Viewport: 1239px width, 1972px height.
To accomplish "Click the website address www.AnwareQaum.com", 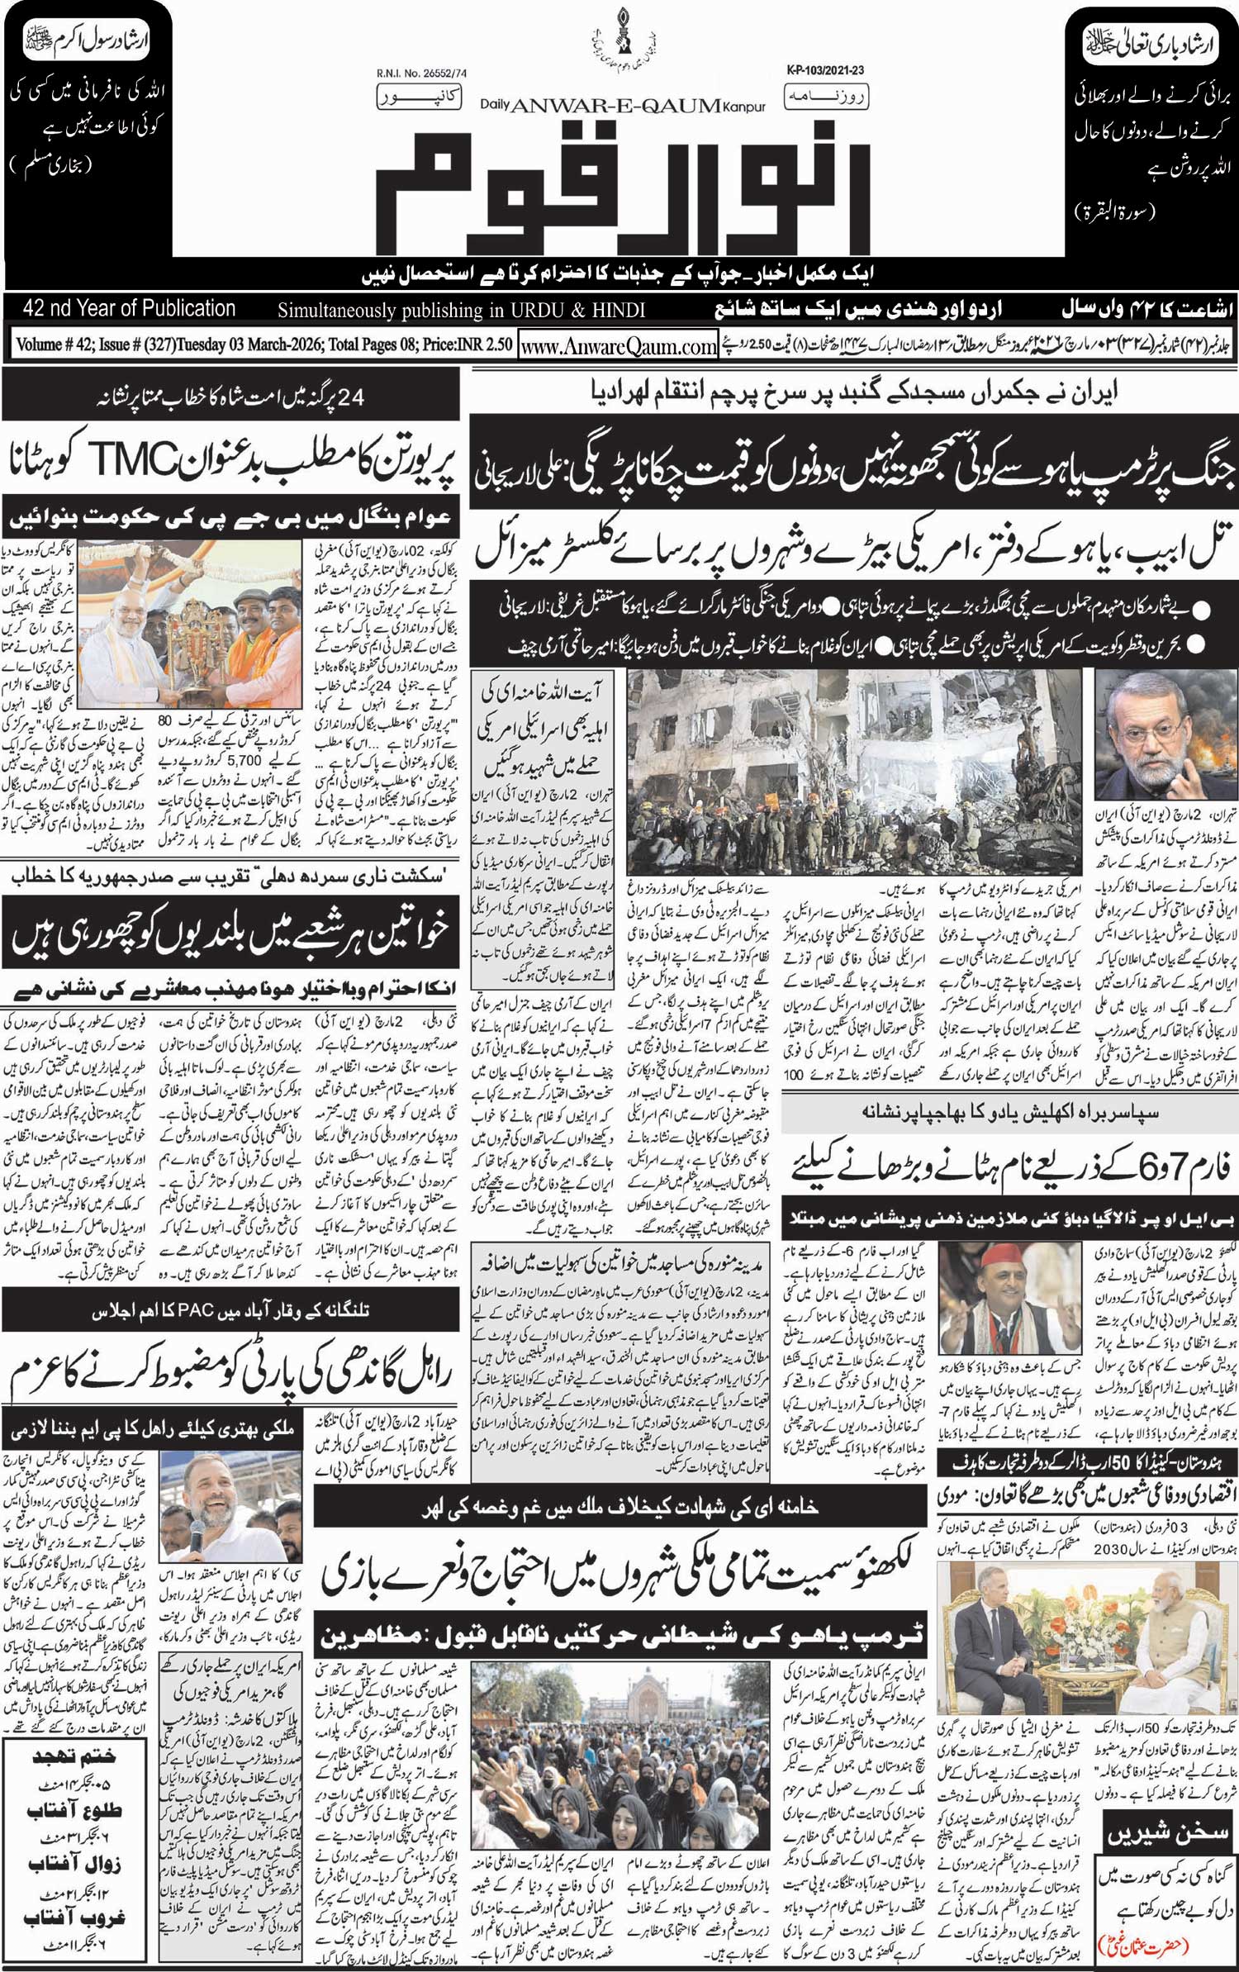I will coord(618,347).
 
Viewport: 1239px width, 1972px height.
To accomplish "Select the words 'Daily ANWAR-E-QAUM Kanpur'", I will coord(623,105).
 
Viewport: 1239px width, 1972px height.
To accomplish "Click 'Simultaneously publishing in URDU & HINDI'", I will coord(461,311).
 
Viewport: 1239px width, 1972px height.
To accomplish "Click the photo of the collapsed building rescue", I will coord(854,771).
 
